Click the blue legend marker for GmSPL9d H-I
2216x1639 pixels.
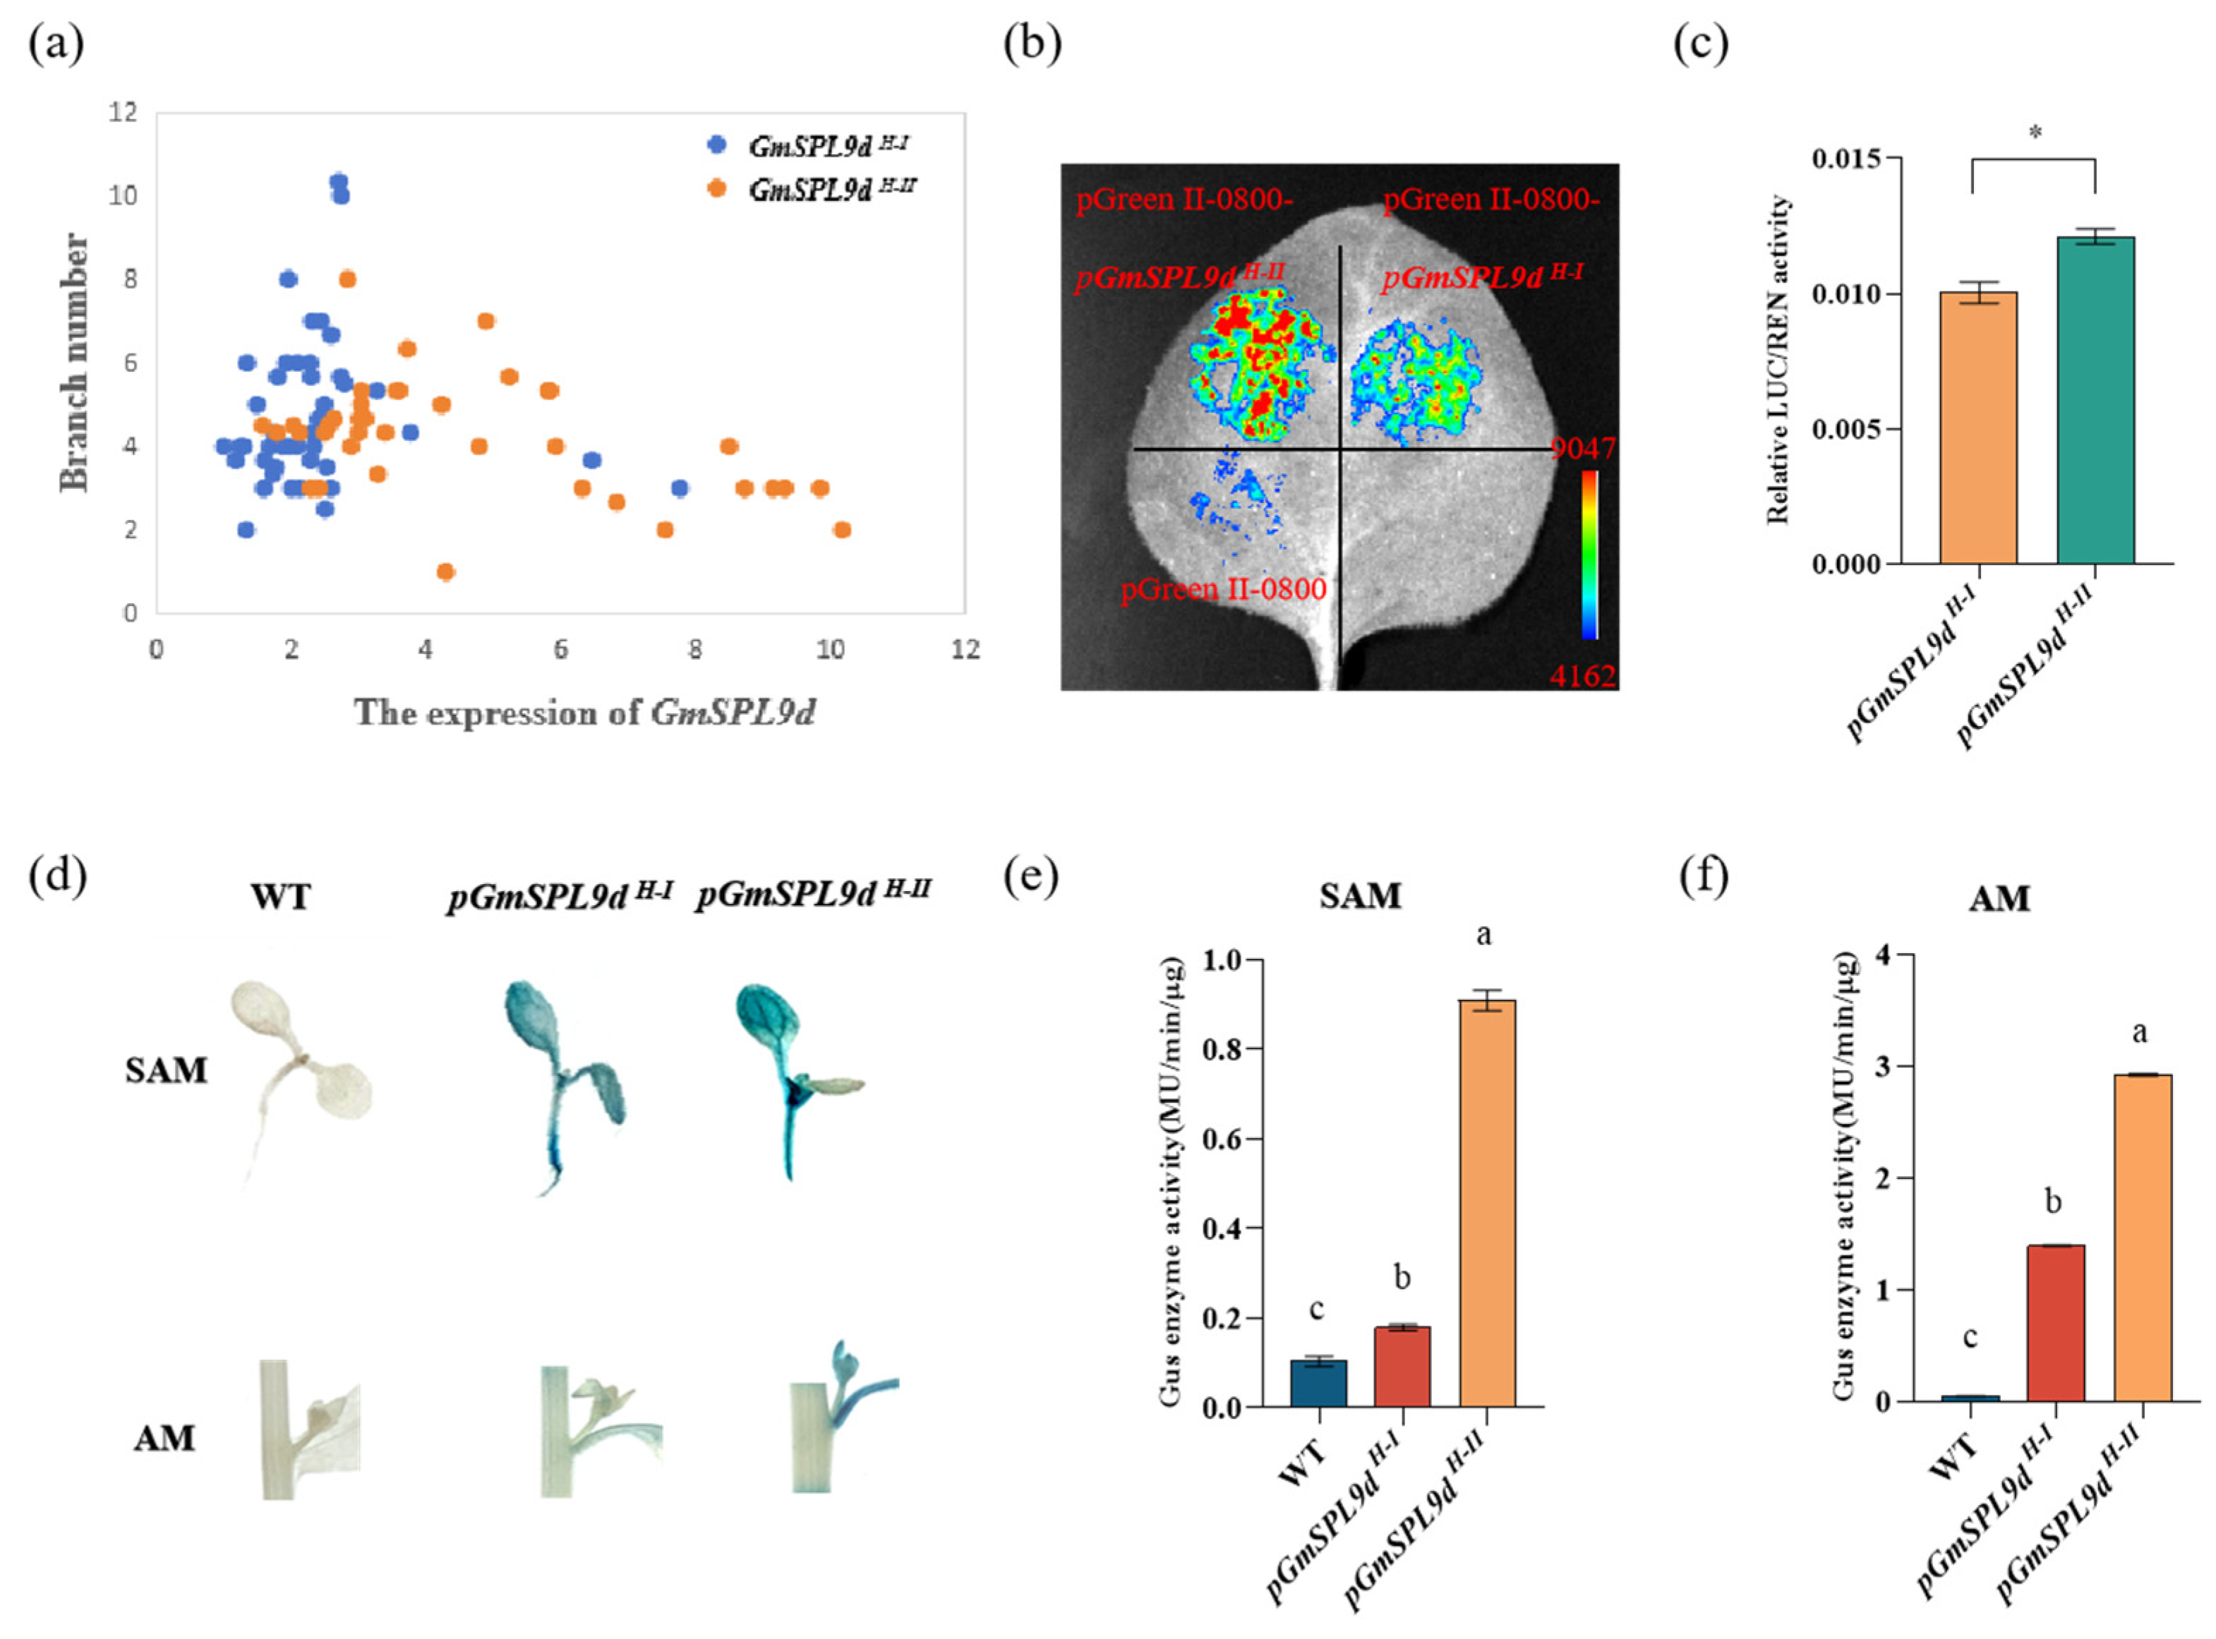(x=716, y=145)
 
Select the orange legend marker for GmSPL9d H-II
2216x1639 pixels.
(x=716, y=188)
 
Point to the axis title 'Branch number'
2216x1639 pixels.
(x=73, y=362)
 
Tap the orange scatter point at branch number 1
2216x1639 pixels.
(x=445, y=571)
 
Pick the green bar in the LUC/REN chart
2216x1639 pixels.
(x=2095, y=400)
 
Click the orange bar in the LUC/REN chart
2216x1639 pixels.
(x=1978, y=428)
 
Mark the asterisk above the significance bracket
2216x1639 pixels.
(x=2035, y=133)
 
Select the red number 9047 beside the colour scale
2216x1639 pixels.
(x=1583, y=449)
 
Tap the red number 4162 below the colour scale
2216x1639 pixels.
(x=1583, y=677)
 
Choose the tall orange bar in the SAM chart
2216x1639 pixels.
(x=1486, y=1202)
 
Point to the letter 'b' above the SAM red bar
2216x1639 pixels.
(x=1402, y=1278)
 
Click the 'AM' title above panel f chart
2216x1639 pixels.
(x=1999, y=899)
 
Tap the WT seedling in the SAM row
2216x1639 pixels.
(x=298, y=1072)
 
